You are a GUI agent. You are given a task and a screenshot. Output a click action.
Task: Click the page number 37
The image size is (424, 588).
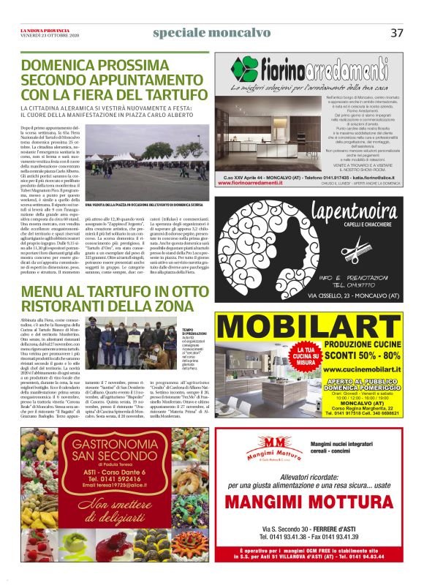(x=397, y=32)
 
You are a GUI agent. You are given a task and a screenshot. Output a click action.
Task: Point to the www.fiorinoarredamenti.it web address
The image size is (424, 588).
(x=260, y=183)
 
